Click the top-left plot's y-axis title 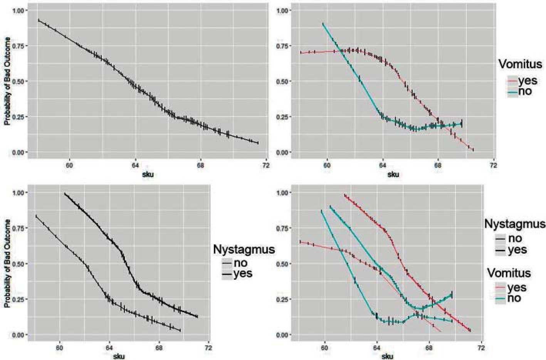(7, 81)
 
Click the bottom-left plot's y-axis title (7, 263)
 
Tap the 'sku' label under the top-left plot (148, 174)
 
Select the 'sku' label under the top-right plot (393, 174)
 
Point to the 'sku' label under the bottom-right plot (387, 356)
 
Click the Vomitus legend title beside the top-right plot (520, 64)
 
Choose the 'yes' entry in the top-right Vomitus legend (527, 81)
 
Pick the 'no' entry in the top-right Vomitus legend (525, 91)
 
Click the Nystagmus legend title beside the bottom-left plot (244, 249)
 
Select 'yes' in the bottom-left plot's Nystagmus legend (243, 274)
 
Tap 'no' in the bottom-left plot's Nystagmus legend (240, 263)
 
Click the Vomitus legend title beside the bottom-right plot (509, 273)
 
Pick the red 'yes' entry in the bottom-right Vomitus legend (516, 288)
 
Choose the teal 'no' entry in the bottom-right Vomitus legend (514, 298)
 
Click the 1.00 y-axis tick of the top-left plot (20, 10)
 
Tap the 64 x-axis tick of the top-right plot (383, 166)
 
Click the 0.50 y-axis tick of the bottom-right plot (284, 264)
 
